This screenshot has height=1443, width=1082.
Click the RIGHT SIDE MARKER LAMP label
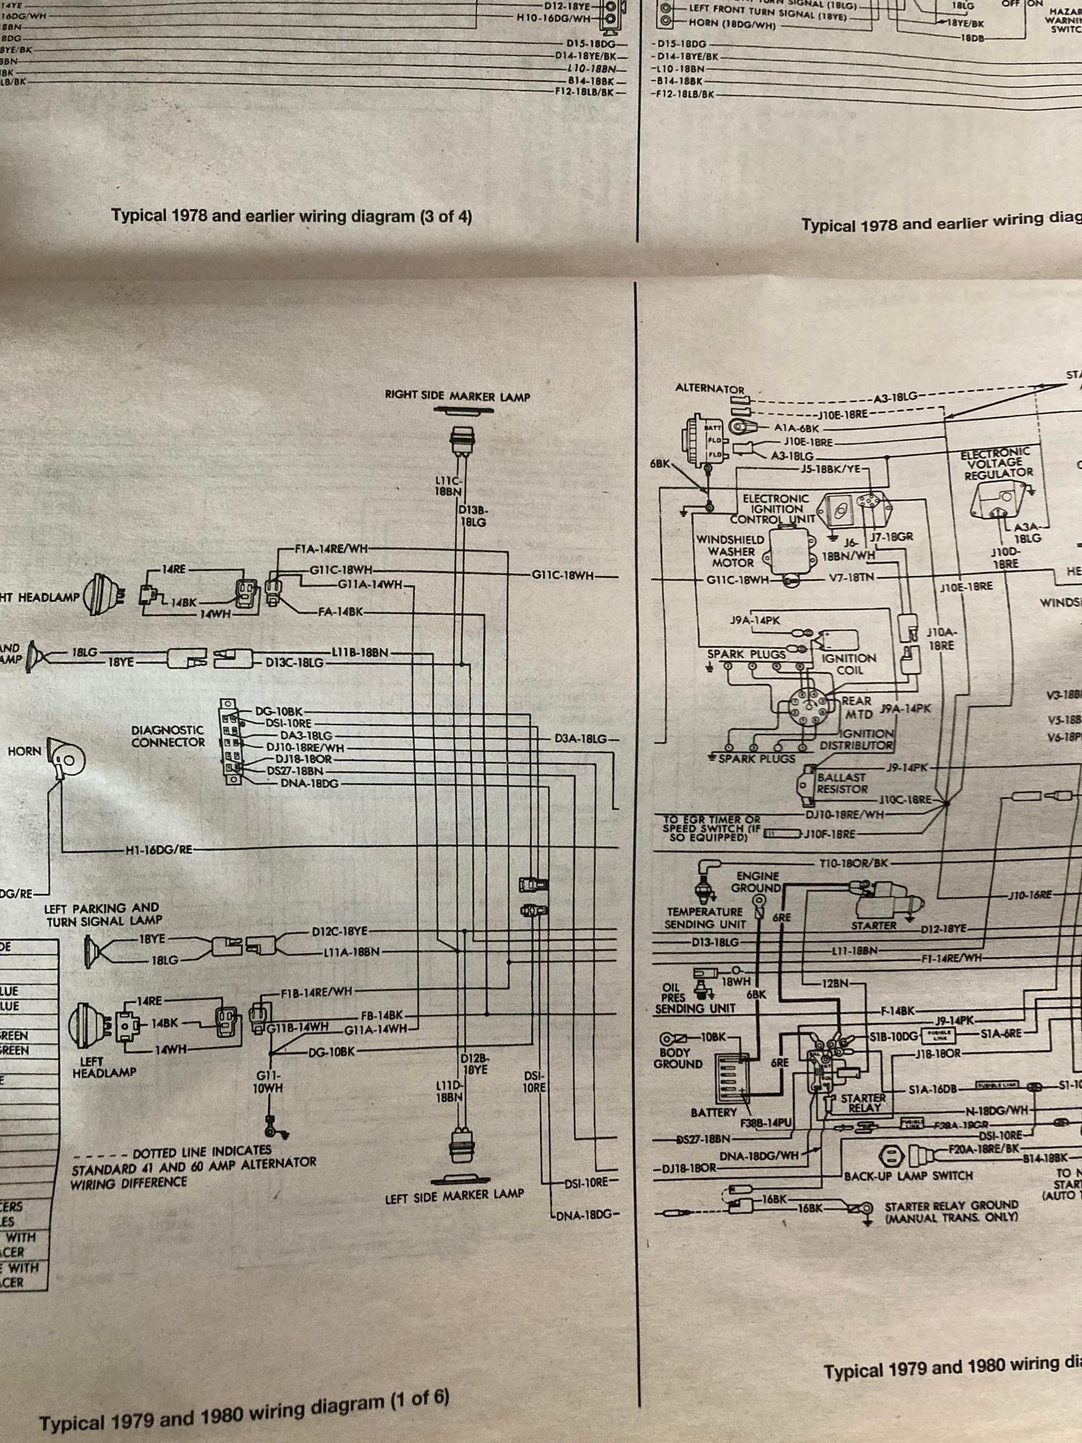tap(457, 396)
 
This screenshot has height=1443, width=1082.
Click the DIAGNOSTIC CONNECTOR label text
tap(167, 736)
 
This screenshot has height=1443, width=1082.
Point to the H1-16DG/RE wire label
tap(159, 850)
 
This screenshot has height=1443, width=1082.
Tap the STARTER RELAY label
tap(863, 1103)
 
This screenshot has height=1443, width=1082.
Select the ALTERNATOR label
tap(709, 388)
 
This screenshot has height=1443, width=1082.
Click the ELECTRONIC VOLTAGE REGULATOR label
tap(998, 463)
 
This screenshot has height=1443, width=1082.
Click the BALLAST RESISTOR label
tap(841, 784)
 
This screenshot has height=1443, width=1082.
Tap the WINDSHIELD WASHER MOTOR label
tap(730, 551)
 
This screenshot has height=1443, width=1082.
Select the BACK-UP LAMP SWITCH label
tap(908, 1176)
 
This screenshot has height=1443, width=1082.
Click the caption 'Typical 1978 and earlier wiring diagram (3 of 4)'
tap(291, 216)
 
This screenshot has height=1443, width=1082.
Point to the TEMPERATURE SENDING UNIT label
tap(704, 918)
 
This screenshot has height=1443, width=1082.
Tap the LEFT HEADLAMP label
tap(104, 1067)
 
